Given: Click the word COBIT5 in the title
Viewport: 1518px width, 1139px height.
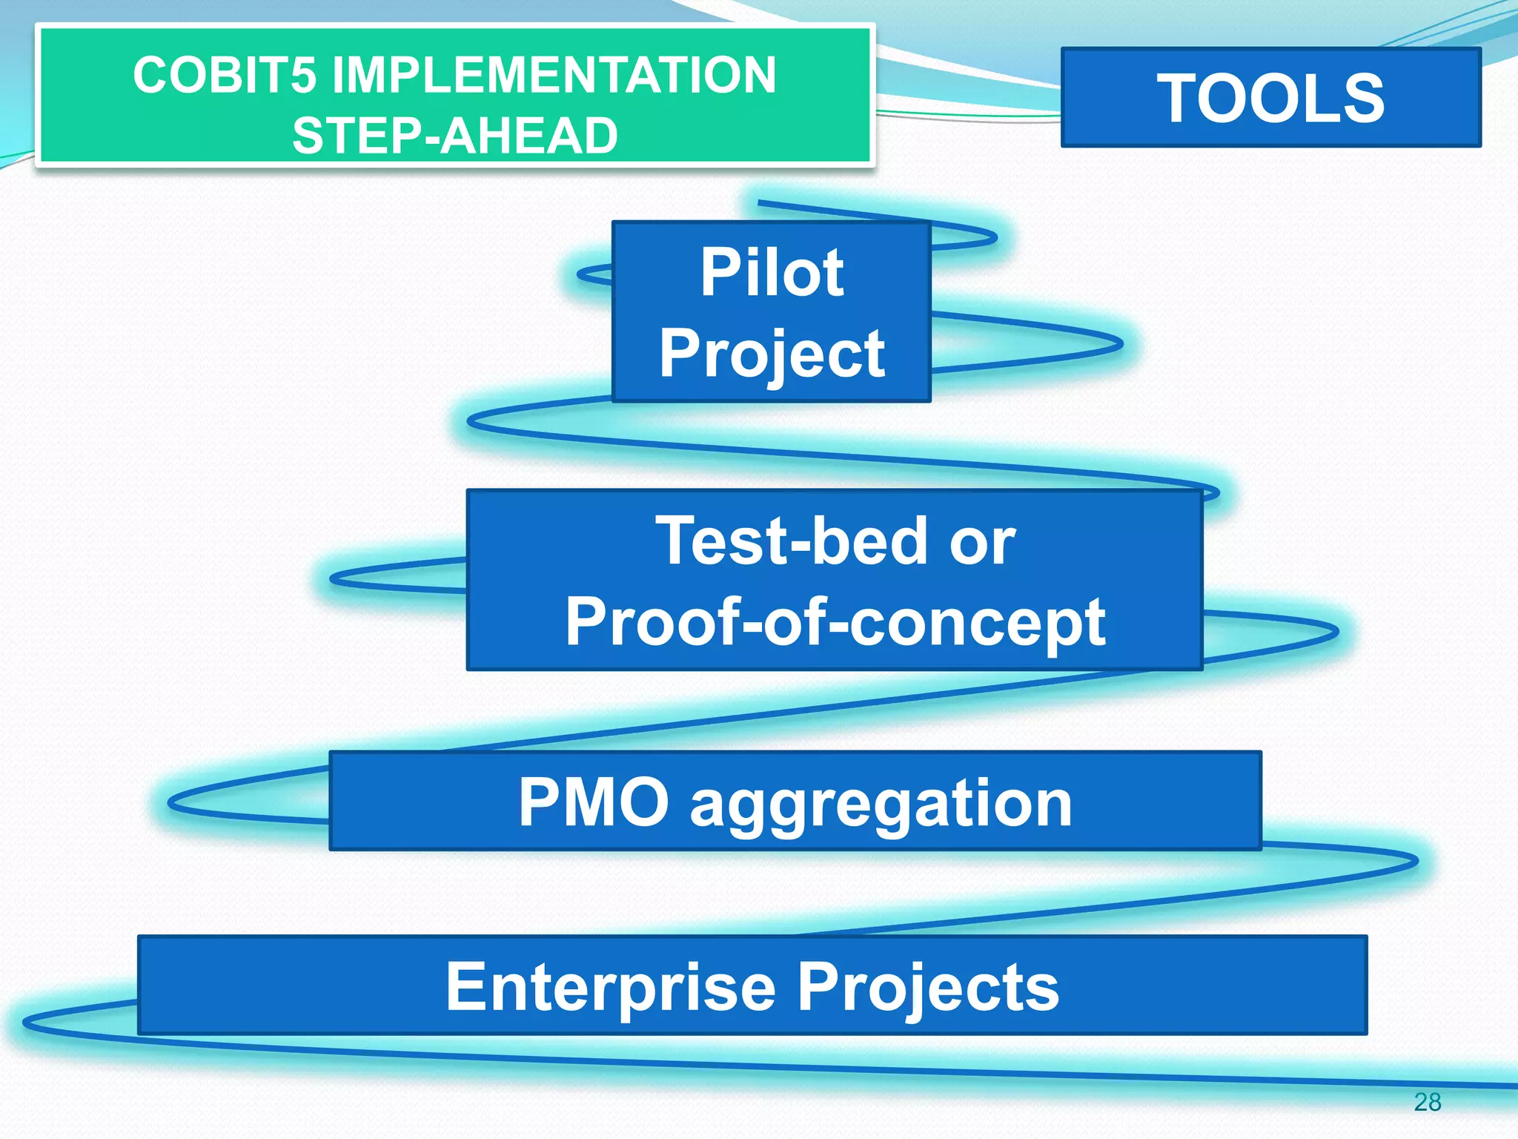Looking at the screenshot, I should click(x=224, y=76).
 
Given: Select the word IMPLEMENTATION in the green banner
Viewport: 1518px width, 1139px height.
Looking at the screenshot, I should click(x=554, y=76).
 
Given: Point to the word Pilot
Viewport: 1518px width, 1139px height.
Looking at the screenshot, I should click(x=772, y=272).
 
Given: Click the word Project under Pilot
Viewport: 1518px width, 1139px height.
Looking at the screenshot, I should click(x=772, y=354).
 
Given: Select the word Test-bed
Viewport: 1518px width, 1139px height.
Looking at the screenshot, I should click(x=791, y=541).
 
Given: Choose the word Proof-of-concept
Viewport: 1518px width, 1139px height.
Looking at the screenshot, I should click(x=835, y=623).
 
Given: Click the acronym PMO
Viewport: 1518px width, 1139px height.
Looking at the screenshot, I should click(x=593, y=802).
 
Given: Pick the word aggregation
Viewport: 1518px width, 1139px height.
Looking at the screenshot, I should click(x=881, y=805).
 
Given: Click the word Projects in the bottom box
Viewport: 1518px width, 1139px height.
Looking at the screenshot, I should click(x=928, y=988).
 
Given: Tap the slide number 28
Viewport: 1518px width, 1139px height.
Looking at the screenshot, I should click(x=1427, y=1102).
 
